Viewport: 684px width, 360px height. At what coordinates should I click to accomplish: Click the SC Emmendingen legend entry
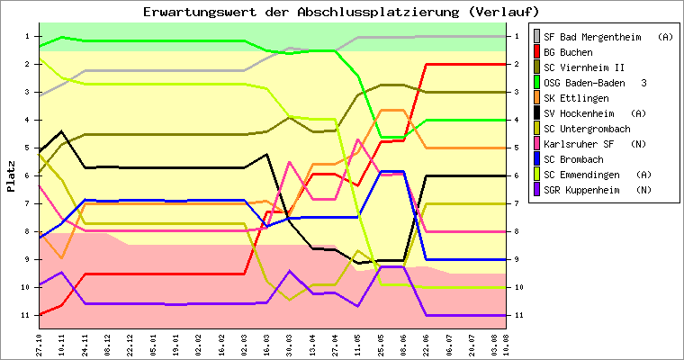click(x=595, y=175)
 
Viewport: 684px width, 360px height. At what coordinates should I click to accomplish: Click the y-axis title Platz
click(x=12, y=175)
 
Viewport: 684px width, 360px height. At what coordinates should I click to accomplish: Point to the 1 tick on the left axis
click(x=28, y=37)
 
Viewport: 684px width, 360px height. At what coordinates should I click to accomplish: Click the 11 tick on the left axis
click(x=26, y=315)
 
